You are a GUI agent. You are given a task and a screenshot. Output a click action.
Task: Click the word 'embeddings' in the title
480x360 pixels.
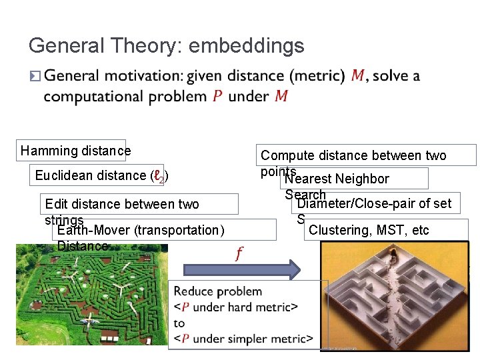tap(247, 46)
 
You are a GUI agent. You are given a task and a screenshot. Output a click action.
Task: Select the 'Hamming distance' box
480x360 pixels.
tap(75, 151)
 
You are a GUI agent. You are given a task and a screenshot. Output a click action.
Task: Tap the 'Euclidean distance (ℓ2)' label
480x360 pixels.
tap(101, 175)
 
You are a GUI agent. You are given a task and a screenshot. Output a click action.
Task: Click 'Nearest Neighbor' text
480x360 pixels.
tap(337, 179)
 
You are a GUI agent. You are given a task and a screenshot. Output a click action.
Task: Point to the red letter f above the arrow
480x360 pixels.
tap(239, 253)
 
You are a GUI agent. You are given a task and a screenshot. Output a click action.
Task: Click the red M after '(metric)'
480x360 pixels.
tap(358, 76)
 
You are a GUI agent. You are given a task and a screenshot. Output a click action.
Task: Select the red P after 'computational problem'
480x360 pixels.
tap(217, 97)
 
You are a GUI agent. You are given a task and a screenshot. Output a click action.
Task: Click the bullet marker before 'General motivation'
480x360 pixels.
tap(35, 77)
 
